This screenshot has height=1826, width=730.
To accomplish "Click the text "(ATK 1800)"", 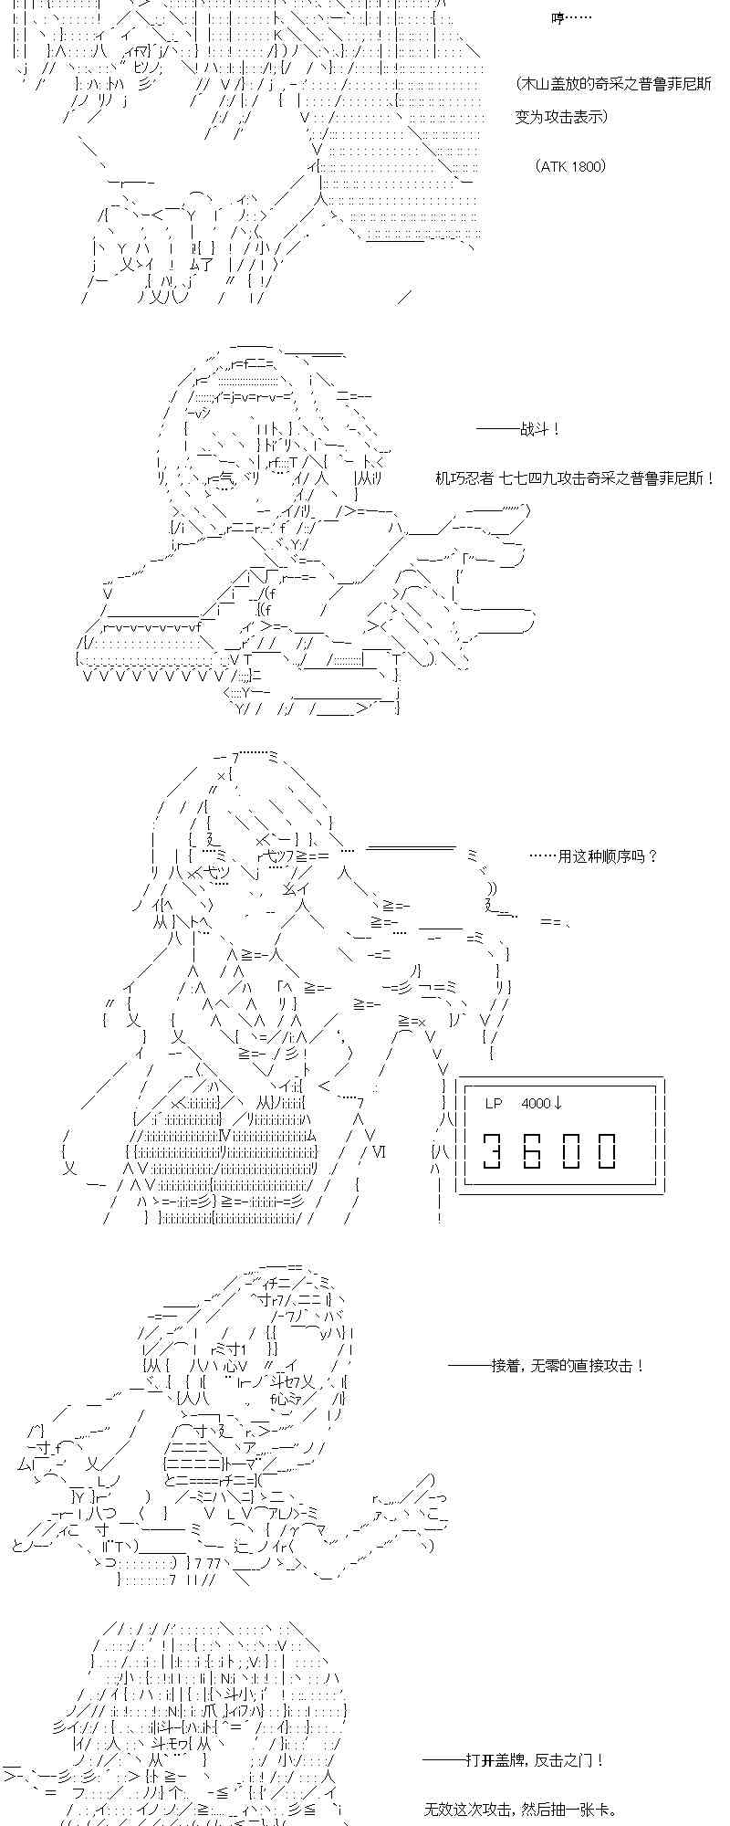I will (570, 166).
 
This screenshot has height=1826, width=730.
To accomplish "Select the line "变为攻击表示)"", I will (561, 118).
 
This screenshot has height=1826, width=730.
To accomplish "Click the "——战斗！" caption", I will (518, 429).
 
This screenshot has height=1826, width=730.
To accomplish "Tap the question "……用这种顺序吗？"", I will (593, 856).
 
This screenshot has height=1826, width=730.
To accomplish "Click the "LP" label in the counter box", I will (494, 1103).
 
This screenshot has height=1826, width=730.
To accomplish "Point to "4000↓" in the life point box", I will (542, 1103).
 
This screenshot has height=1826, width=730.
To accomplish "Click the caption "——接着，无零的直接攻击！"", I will (547, 1366).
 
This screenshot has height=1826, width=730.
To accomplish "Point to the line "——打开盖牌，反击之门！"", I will (513, 1760).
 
